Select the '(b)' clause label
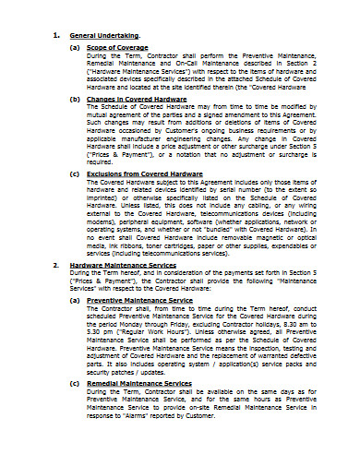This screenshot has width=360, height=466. (74, 98)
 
